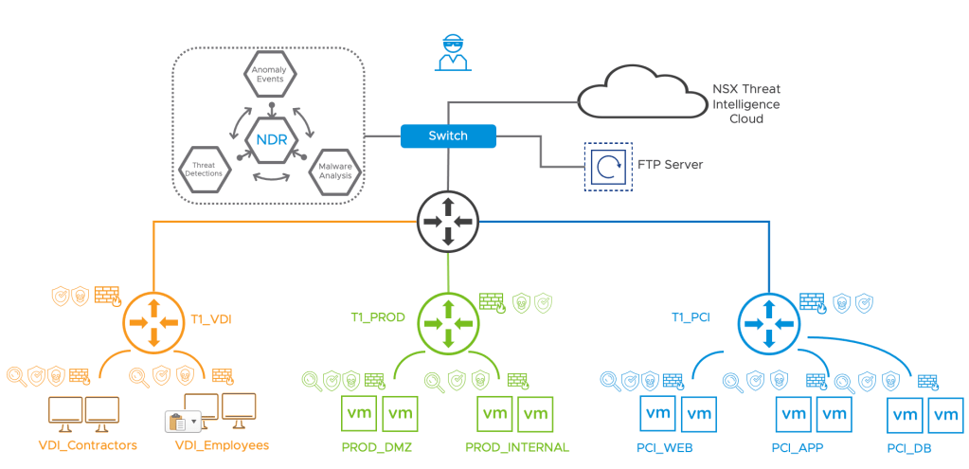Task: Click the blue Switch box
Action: [x=448, y=136]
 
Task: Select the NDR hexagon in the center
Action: [x=271, y=140]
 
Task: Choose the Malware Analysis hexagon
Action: [x=335, y=171]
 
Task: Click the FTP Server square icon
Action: [x=605, y=166]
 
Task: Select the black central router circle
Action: [x=448, y=222]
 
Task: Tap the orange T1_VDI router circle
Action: [x=153, y=323]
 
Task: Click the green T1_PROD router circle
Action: [x=448, y=323]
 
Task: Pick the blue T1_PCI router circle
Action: [x=767, y=323]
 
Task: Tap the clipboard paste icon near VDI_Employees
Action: [x=176, y=420]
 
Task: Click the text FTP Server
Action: [x=670, y=166]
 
